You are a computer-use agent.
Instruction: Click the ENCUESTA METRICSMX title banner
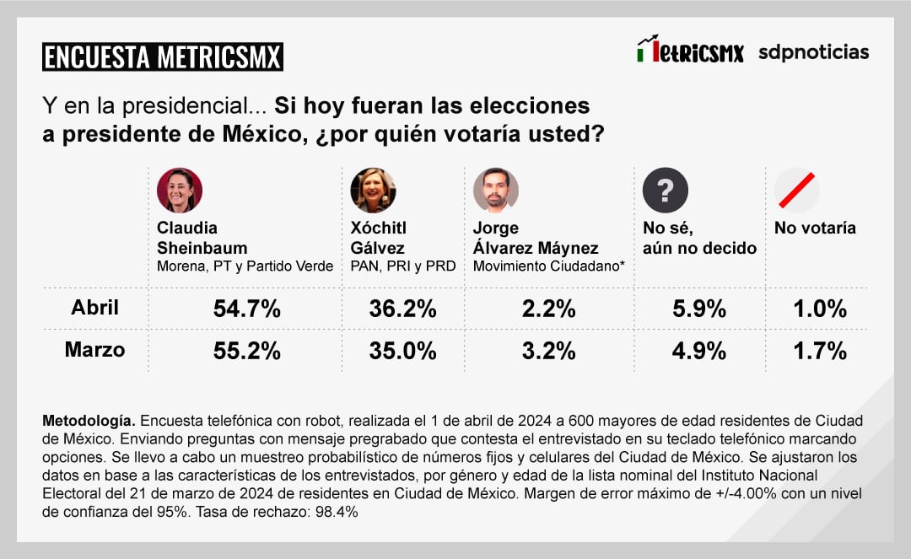point(162,56)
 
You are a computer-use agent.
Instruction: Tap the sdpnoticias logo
point(813,52)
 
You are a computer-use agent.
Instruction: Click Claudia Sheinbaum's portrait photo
point(180,191)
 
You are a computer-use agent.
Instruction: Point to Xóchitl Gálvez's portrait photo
point(373,191)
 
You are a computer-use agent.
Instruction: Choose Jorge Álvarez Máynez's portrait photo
point(495,191)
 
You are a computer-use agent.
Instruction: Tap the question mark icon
point(665,191)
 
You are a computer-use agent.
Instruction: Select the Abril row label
point(94,308)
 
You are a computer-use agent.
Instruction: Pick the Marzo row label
point(94,349)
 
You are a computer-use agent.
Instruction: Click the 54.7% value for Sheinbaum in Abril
point(246,309)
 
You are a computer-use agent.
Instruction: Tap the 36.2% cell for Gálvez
point(402,309)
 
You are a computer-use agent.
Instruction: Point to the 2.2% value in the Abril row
point(548,309)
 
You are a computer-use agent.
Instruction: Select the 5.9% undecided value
point(698,309)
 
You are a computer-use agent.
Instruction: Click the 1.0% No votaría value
point(819,309)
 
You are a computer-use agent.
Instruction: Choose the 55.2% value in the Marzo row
point(246,350)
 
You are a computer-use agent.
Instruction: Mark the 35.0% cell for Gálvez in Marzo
point(402,350)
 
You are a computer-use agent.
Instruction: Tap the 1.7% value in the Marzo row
point(819,350)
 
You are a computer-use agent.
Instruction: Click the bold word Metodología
point(88,420)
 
